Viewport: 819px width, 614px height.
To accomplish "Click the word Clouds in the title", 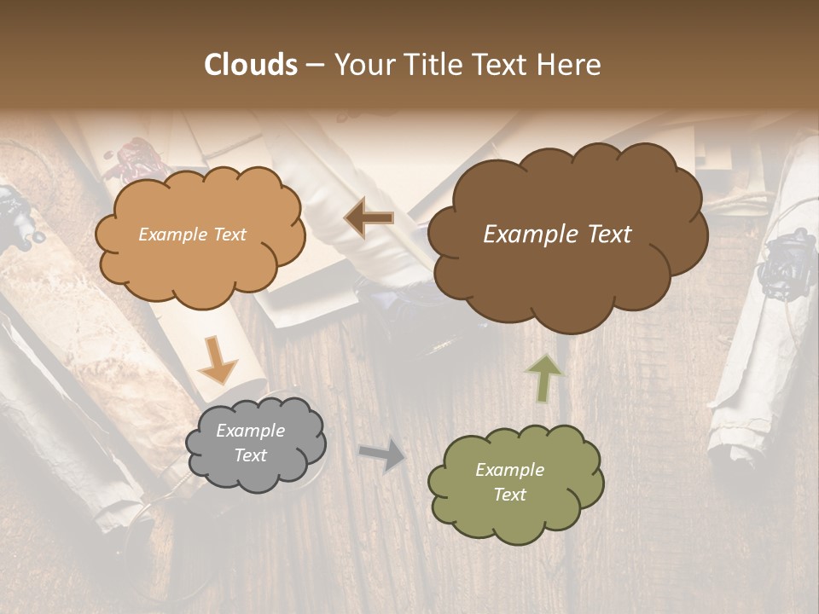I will (x=251, y=65).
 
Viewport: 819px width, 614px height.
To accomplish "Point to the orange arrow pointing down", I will (x=218, y=359).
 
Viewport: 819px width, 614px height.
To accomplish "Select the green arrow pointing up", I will (x=545, y=378).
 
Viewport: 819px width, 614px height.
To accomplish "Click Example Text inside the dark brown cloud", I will (x=557, y=235).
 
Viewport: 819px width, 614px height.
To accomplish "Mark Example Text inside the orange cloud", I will (x=192, y=235).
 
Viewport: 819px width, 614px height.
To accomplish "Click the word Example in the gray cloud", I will (x=250, y=431).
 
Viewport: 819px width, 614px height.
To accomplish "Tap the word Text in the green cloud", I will (x=509, y=495).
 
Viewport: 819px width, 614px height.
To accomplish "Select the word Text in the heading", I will (x=502, y=65).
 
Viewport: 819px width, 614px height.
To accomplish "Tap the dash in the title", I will (x=314, y=65).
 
